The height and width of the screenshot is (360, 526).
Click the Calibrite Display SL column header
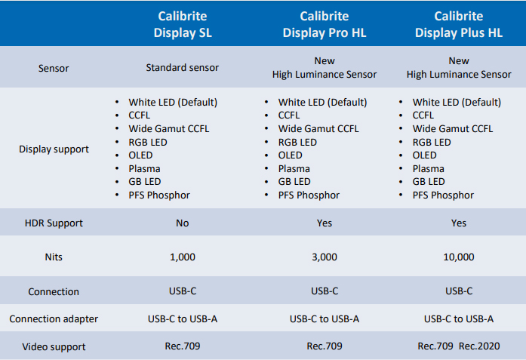pyautogui.click(x=183, y=24)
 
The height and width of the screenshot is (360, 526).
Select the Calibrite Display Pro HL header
pyautogui.click(x=325, y=24)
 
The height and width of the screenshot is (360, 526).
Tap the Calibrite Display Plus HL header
pyautogui.click(x=459, y=24)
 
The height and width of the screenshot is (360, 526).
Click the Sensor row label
pyautogui.click(x=54, y=68)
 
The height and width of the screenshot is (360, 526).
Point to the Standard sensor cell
pyautogui.click(x=182, y=67)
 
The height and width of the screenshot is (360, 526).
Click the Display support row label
pyautogui.click(x=54, y=149)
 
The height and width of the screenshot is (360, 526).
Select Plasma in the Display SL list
pyautogui.click(x=144, y=168)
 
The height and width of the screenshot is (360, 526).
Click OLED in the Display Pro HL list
pyautogui.click(x=291, y=155)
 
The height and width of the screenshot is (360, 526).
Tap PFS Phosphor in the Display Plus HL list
pyautogui.click(x=443, y=195)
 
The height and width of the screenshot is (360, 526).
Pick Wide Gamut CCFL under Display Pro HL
pyautogui.click(x=318, y=128)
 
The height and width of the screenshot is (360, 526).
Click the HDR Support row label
pyautogui.click(x=54, y=223)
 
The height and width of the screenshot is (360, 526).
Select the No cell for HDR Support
pyautogui.click(x=183, y=223)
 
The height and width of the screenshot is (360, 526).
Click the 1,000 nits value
pyautogui.click(x=183, y=257)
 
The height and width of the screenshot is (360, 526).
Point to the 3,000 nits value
pyautogui.click(x=325, y=257)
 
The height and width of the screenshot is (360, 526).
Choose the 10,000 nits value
pyautogui.click(x=459, y=257)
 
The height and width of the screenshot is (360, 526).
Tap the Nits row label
pyautogui.click(x=54, y=257)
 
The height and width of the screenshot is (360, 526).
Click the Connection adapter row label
pyautogui.click(x=54, y=318)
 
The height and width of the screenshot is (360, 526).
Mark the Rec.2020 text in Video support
pyautogui.click(x=479, y=346)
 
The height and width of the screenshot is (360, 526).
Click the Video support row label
pyautogui.click(x=54, y=346)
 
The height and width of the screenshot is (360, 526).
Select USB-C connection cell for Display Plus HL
pyautogui.click(x=459, y=291)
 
